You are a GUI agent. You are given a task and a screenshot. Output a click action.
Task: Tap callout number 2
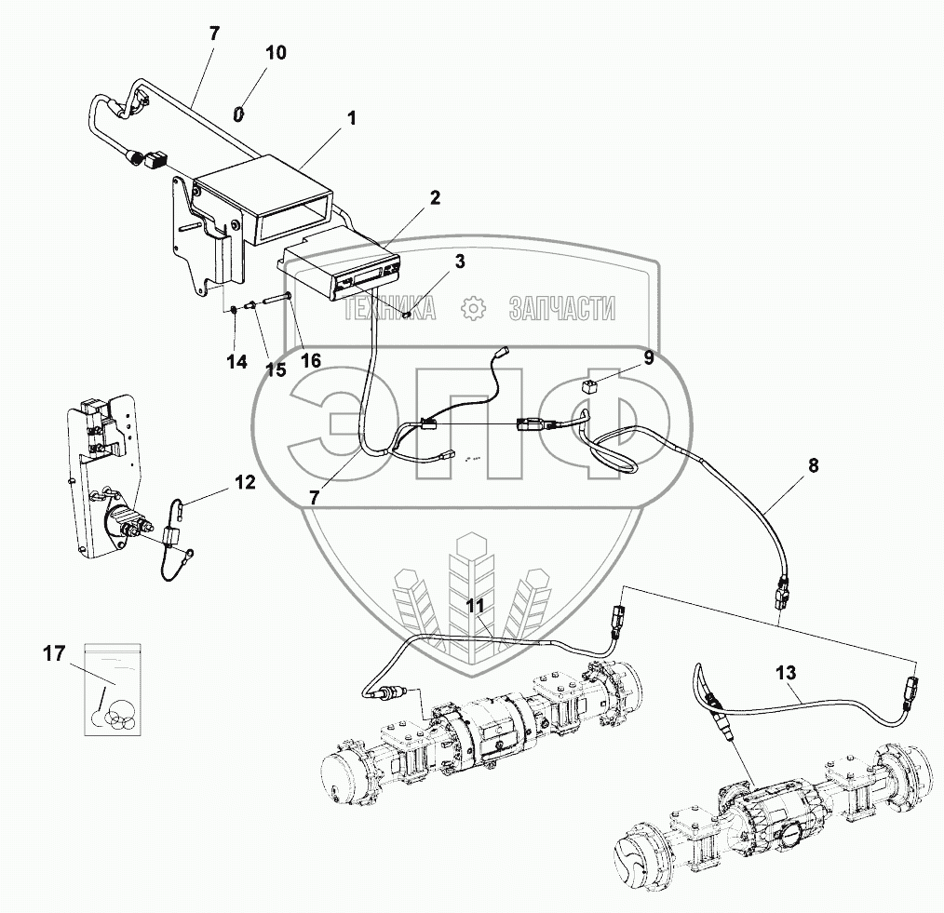point(436,197)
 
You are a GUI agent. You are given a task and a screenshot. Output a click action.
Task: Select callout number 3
point(459,262)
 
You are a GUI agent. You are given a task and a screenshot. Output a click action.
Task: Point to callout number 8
point(814,465)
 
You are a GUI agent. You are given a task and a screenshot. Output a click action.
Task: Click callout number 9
point(648,358)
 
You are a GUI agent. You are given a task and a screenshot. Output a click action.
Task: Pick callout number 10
point(276,52)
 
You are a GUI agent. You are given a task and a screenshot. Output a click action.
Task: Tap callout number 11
point(477,606)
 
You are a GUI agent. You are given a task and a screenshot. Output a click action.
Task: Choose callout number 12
point(245,482)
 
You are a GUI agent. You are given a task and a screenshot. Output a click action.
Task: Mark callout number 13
point(786,673)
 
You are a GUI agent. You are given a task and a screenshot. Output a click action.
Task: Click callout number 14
point(237,362)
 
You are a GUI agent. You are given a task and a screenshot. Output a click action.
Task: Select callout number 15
point(276,369)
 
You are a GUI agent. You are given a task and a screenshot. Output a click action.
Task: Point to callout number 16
point(311,360)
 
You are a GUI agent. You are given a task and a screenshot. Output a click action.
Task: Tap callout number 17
point(54,653)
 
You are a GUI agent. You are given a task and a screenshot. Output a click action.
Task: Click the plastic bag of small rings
point(114,689)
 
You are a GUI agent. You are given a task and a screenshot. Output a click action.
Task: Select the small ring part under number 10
point(239,114)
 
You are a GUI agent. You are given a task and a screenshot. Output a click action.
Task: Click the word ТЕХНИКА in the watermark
point(389,308)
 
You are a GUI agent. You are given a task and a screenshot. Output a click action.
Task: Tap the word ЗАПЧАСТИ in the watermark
point(561,308)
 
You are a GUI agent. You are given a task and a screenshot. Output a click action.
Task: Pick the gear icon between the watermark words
point(473,308)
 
